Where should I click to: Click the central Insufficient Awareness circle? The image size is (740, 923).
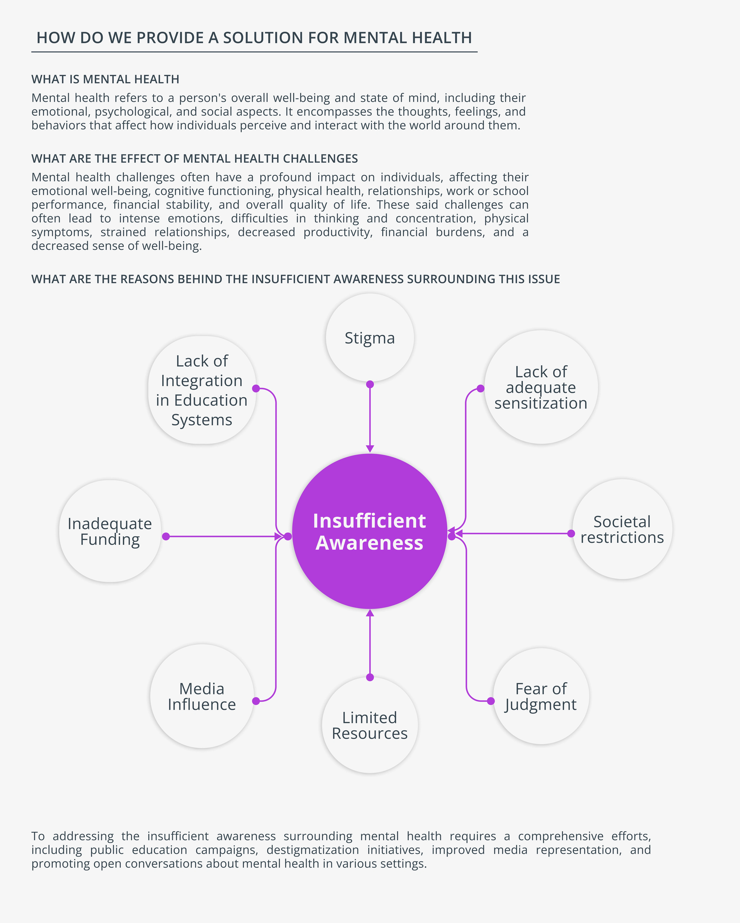(x=370, y=531)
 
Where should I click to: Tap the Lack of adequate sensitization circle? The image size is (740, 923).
(x=541, y=387)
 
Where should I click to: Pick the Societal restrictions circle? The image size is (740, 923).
(x=622, y=529)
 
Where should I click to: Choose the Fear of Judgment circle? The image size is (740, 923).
(x=541, y=696)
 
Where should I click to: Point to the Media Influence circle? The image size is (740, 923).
(x=202, y=696)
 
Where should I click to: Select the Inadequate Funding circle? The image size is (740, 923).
(x=110, y=531)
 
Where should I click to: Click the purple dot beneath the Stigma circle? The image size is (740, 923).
(x=370, y=384)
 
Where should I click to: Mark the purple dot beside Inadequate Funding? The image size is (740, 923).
(x=166, y=536)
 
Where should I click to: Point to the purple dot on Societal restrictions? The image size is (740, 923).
(x=571, y=533)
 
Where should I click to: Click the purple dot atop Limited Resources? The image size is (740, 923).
(x=370, y=677)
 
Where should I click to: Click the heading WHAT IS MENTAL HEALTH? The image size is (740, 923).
(x=105, y=79)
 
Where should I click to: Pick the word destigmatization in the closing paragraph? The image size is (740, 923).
(x=313, y=850)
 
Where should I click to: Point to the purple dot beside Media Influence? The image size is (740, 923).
(x=256, y=701)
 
